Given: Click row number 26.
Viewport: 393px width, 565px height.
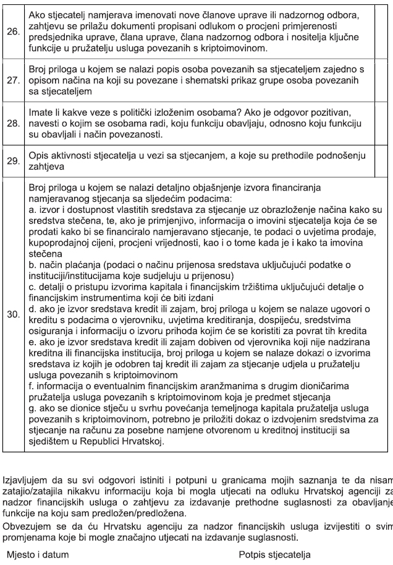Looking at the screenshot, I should click(x=12, y=31).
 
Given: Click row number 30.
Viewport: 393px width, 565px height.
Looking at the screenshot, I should click(x=12, y=315).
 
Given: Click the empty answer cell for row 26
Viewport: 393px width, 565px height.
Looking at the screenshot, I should click(x=383, y=31).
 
